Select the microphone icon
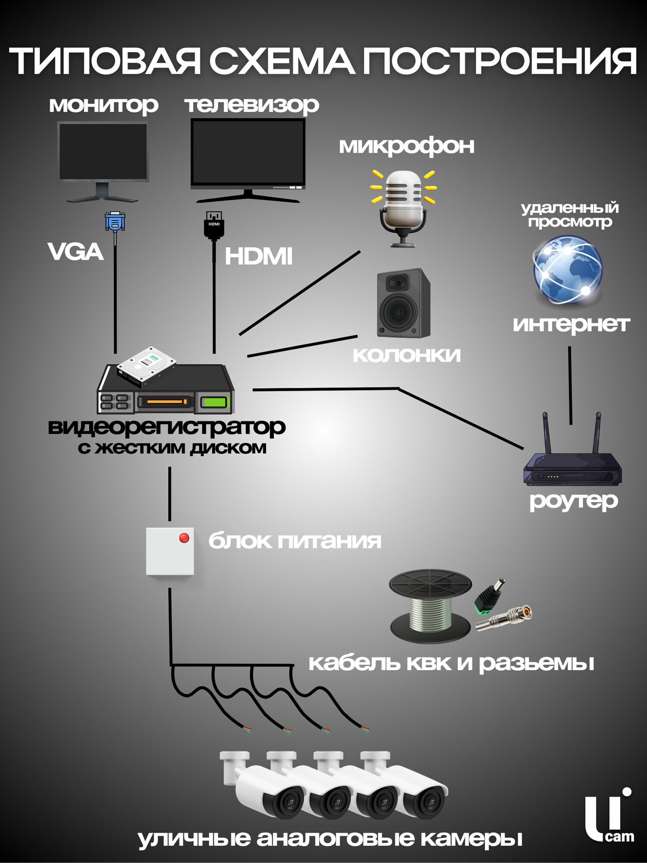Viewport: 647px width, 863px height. coord(403,207)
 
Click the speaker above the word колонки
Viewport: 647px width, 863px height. coord(403,303)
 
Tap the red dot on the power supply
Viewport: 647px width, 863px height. coord(184,538)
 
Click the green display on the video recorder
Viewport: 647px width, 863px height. coord(214,402)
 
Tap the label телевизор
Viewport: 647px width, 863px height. coord(252,105)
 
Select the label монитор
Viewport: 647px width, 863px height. coord(104,105)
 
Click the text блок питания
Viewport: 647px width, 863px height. coord(295,541)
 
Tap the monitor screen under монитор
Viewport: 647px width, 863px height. coord(103,151)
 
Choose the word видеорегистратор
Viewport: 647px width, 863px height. coord(166,427)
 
